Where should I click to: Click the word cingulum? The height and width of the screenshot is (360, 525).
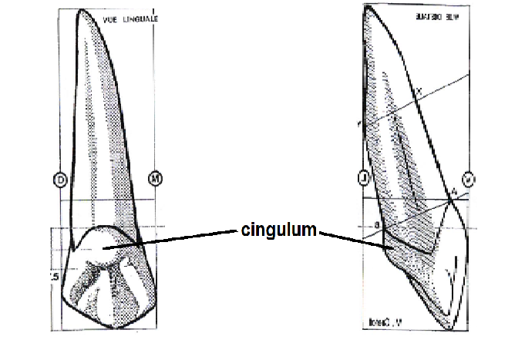click(x=278, y=230)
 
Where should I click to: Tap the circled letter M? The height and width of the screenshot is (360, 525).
click(x=156, y=180)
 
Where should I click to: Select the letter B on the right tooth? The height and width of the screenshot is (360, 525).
click(x=377, y=225)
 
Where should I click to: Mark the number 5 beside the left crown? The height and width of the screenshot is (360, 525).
click(x=52, y=276)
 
